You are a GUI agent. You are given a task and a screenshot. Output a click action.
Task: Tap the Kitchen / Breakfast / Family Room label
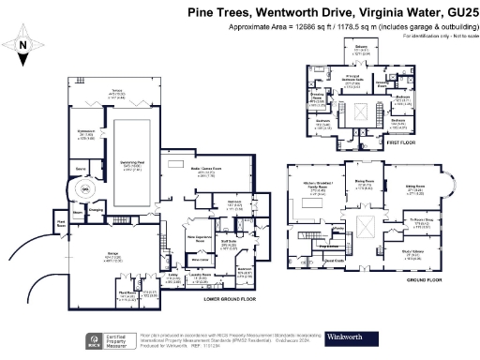click(x=315, y=187)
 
